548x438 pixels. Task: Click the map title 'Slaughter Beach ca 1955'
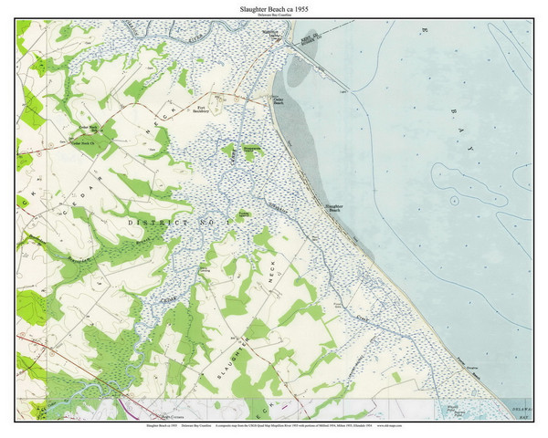[x=273, y=7]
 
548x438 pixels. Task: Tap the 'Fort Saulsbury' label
[x=203, y=110]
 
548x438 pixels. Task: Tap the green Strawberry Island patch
[x=251, y=149]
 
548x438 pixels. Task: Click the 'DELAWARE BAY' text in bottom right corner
[x=522, y=412]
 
